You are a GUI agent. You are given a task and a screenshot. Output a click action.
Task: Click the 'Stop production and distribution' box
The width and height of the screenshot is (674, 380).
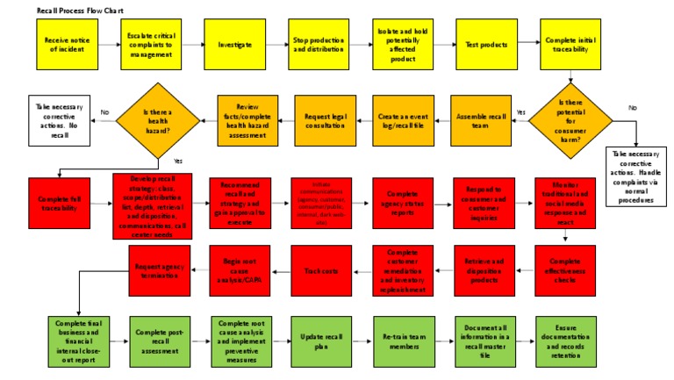point(317,43)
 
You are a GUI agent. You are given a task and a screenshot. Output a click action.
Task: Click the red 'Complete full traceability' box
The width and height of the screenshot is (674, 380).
point(62,202)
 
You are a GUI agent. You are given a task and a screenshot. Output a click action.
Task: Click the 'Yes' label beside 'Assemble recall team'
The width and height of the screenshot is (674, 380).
point(520,111)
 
